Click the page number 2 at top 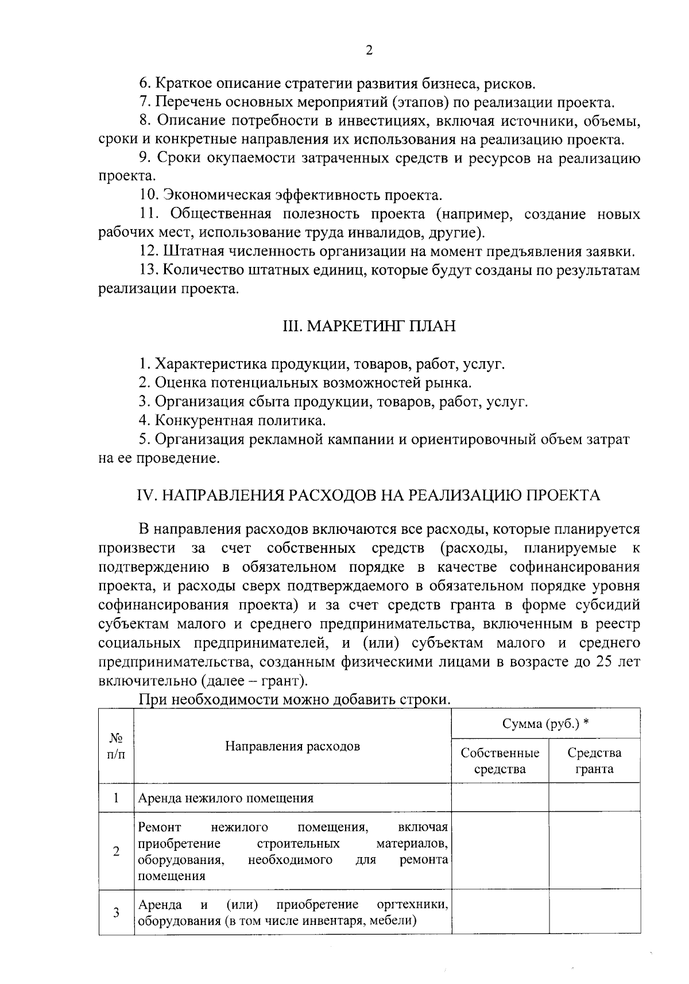coord(369,51)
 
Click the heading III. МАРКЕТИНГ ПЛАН coord(369,326)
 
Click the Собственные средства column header coord(500,761)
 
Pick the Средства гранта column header coord(594,761)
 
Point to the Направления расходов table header coord(292,746)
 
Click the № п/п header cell coord(116,746)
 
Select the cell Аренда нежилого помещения coord(226,798)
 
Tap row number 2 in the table coord(116,851)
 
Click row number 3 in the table coord(116,913)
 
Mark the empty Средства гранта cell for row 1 coord(594,798)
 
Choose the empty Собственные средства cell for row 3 coord(500,913)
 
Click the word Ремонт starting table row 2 coord(160,827)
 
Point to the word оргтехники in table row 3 coord(412,905)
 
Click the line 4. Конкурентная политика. coord(233,420)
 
